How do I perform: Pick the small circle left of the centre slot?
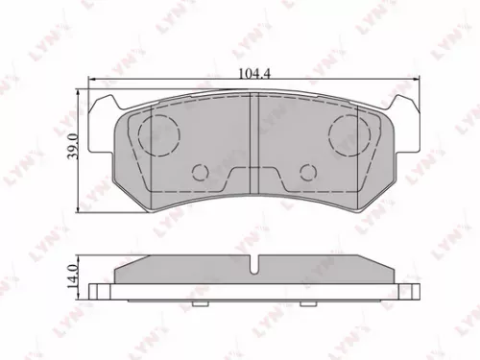click(x=201, y=172)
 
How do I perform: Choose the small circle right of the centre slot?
click(x=307, y=172)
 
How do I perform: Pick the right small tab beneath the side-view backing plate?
click(x=306, y=303)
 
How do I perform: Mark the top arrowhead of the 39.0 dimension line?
click(x=79, y=94)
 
